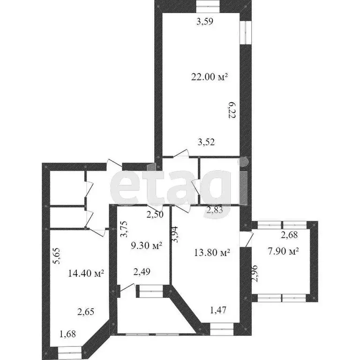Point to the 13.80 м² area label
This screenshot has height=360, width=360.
tap(212, 253)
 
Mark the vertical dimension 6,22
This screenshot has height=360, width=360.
tap(231, 111)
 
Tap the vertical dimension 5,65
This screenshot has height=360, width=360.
tap(56, 256)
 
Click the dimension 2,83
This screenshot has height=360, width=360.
tap(215, 211)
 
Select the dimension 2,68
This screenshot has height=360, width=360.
tap(289, 235)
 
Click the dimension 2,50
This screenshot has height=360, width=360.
tap(156, 215)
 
